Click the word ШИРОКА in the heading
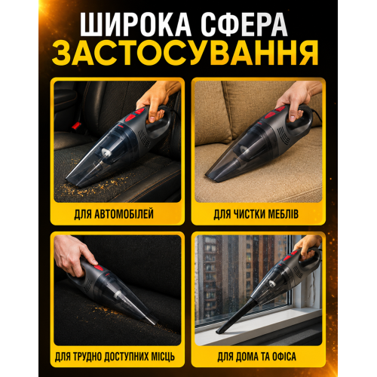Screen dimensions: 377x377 tap(136, 24)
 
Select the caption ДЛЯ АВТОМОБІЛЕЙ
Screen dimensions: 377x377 tap(114, 214)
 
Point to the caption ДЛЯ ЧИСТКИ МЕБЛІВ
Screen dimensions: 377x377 tap(256, 214)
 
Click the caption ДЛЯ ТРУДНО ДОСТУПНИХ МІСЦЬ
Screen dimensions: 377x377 tap(115, 357)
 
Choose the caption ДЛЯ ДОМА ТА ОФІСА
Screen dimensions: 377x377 tap(256, 357)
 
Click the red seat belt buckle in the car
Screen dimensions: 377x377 tap(76, 125)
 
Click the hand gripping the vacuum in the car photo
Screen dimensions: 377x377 tap(157, 100)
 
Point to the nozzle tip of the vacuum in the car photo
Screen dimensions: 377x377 tap(72, 182)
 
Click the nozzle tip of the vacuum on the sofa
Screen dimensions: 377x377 tap(211, 177)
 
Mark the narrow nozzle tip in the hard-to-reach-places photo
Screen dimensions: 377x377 tap(152, 322)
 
